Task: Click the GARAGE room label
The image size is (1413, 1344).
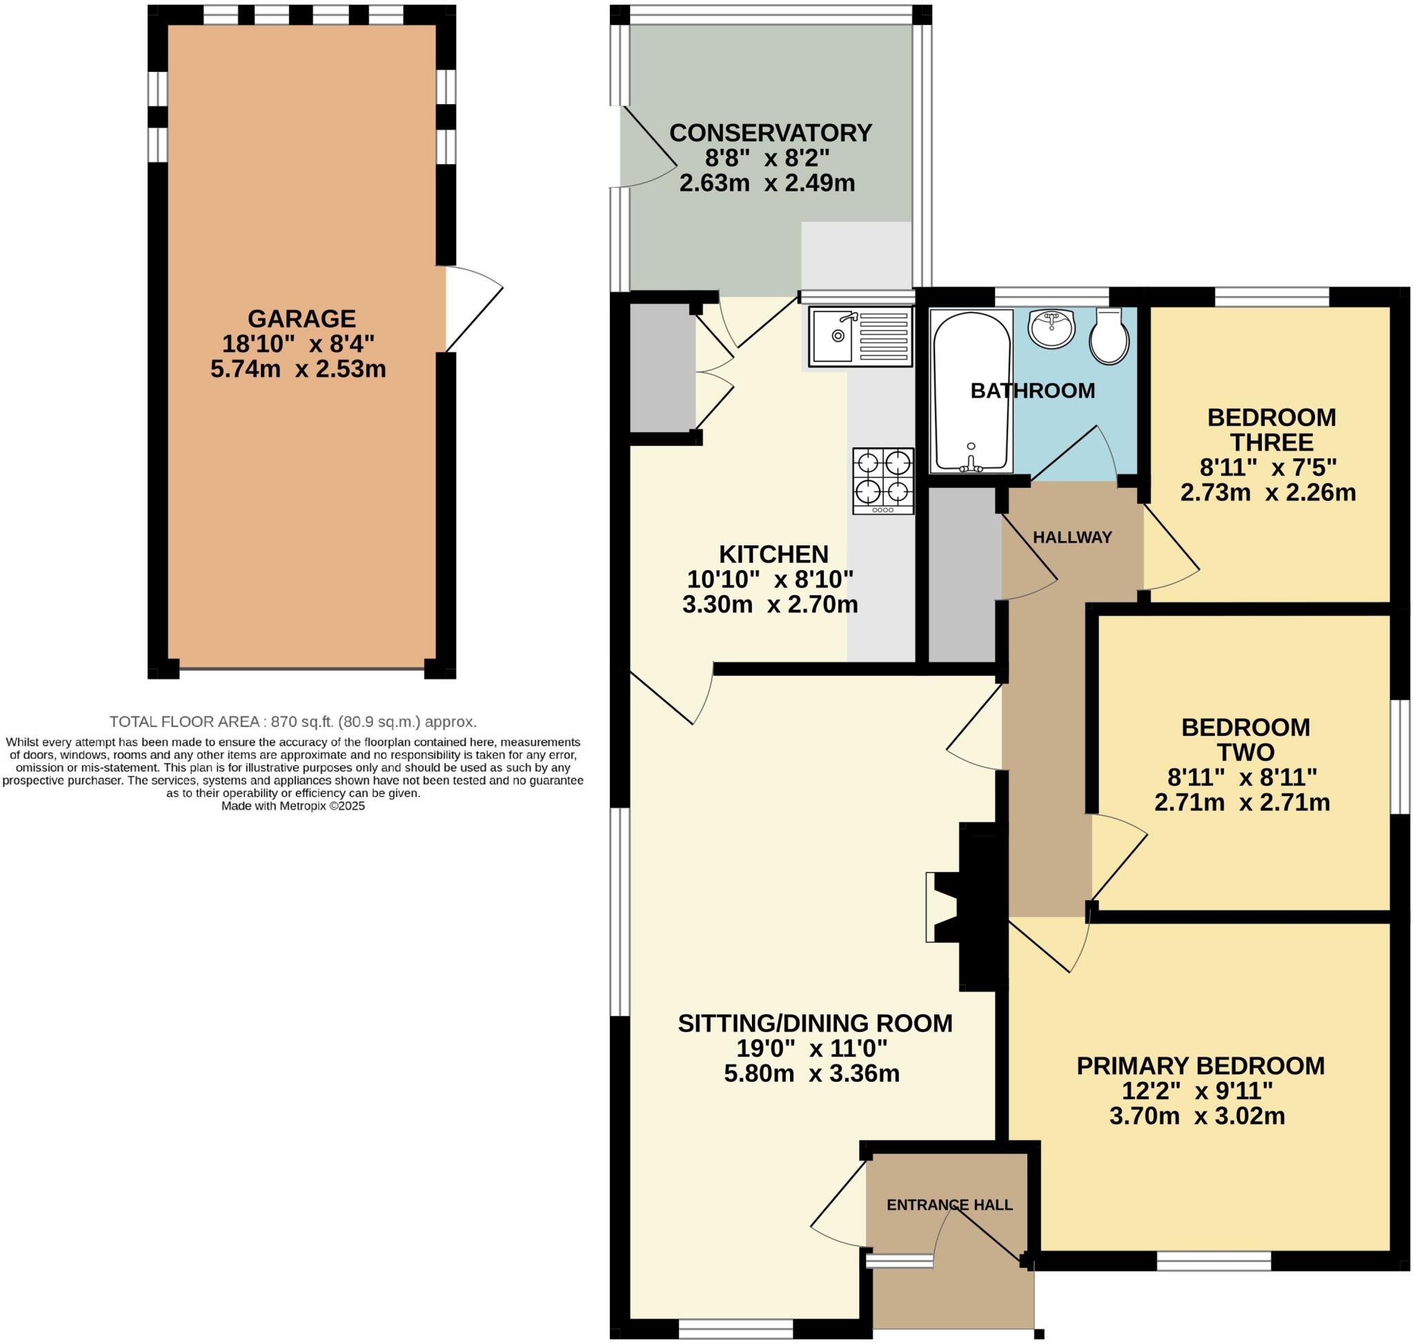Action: point(302,318)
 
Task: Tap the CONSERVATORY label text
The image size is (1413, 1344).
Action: point(771,133)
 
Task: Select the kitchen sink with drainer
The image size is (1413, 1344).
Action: point(861,336)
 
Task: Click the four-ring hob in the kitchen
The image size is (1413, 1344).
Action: point(883,480)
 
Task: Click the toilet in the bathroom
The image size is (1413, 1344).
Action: point(1109,337)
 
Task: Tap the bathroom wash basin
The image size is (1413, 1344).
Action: point(1052,329)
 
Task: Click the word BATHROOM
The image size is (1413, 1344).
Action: point(1033,391)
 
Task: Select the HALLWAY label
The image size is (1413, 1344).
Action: point(1072,537)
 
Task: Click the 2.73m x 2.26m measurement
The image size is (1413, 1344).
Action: point(1268,493)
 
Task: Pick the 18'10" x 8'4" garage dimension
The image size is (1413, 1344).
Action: point(299,344)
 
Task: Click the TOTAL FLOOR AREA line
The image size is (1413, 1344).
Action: point(293,721)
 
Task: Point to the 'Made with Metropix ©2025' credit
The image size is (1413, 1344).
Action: point(293,806)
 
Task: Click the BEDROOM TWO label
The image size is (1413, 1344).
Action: point(1245,740)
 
